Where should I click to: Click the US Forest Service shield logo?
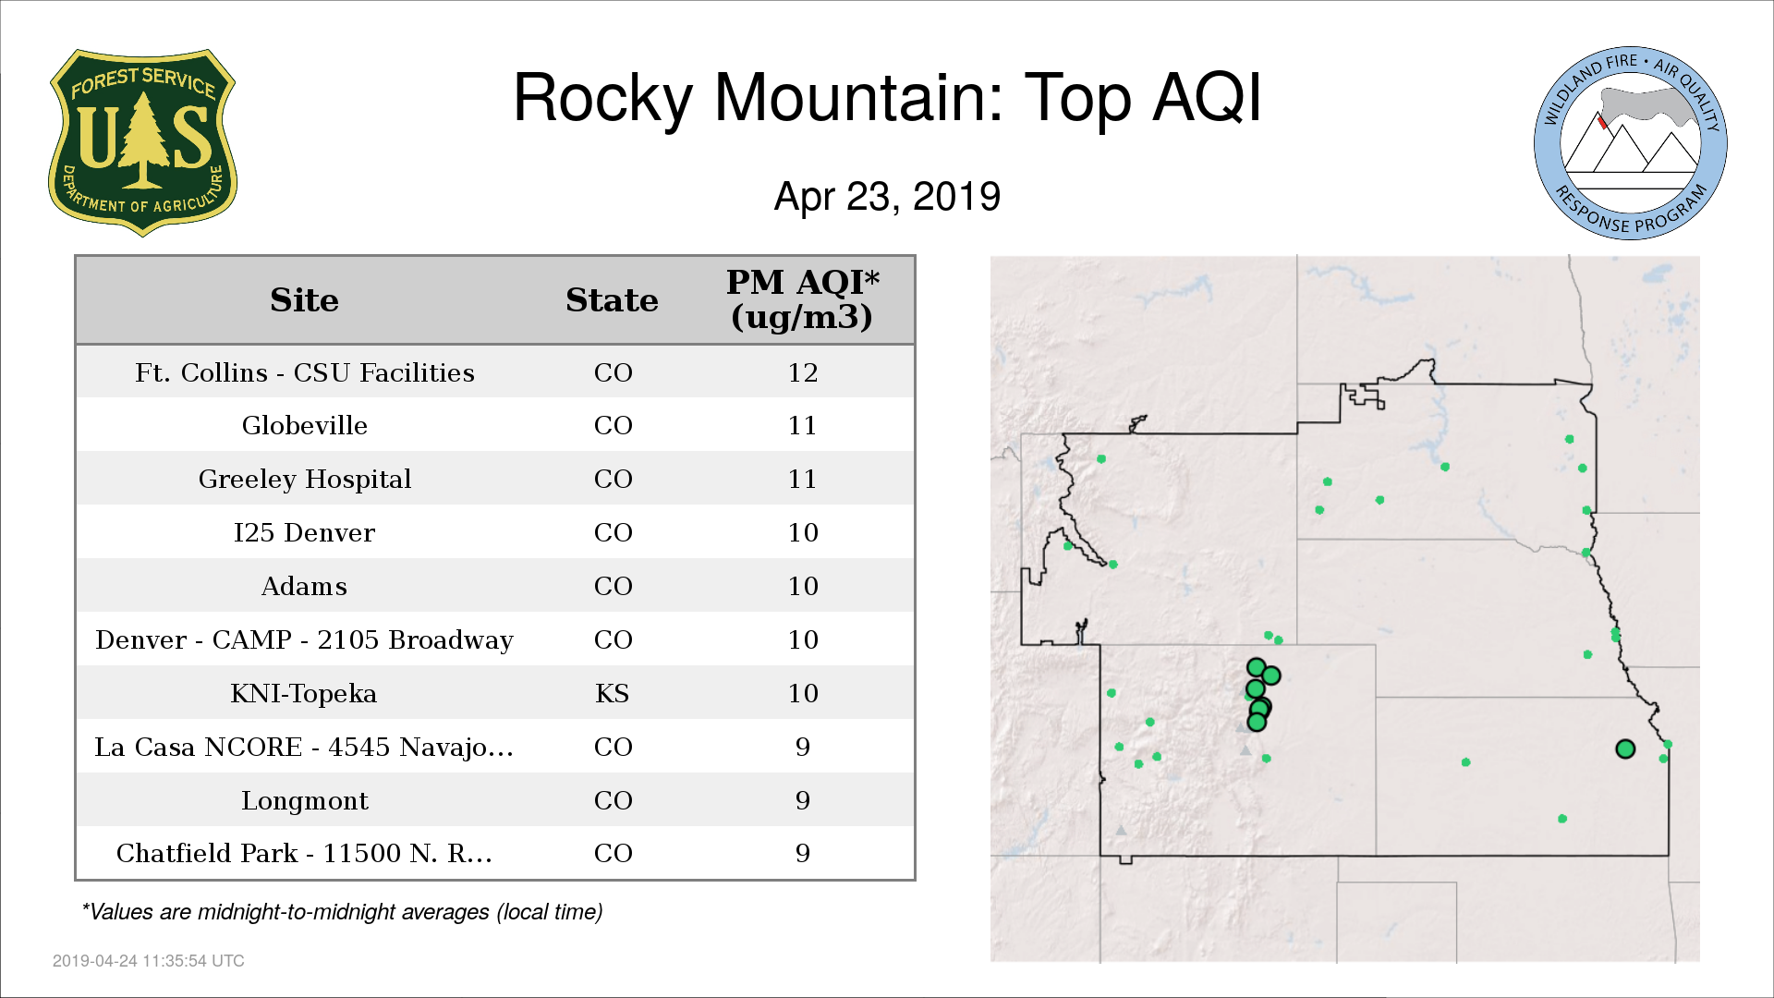pyautogui.click(x=142, y=143)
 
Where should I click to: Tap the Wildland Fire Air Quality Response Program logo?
pyautogui.click(x=1631, y=143)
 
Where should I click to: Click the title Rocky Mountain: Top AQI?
pyautogui.click(x=887, y=98)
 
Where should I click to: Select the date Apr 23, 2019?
pyautogui.click(x=887, y=197)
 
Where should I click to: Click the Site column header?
pyautogui.click(x=304, y=300)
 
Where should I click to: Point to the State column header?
pyautogui.click(x=612, y=300)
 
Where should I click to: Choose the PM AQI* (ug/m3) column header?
pyautogui.click(x=802, y=299)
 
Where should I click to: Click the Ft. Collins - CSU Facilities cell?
pyautogui.click(x=305, y=372)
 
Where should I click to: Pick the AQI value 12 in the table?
pyautogui.click(x=803, y=372)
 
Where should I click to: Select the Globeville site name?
pyautogui.click(x=305, y=425)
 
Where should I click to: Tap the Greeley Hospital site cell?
pyautogui.click(x=305, y=479)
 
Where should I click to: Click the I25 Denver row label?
pyautogui.click(x=305, y=532)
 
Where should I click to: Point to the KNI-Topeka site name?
pyautogui.click(x=304, y=693)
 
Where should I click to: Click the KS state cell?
pyautogui.click(x=613, y=693)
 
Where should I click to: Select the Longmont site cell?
pyautogui.click(x=305, y=800)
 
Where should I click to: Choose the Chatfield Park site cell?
pyautogui.click(x=305, y=853)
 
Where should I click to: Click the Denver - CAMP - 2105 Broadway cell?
pyautogui.click(x=305, y=639)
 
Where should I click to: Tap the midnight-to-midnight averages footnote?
pyautogui.click(x=343, y=912)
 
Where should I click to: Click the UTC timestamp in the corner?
pyautogui.click(x=149, y=961)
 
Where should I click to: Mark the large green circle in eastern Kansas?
pyautogui.click(x=1625, y=749)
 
